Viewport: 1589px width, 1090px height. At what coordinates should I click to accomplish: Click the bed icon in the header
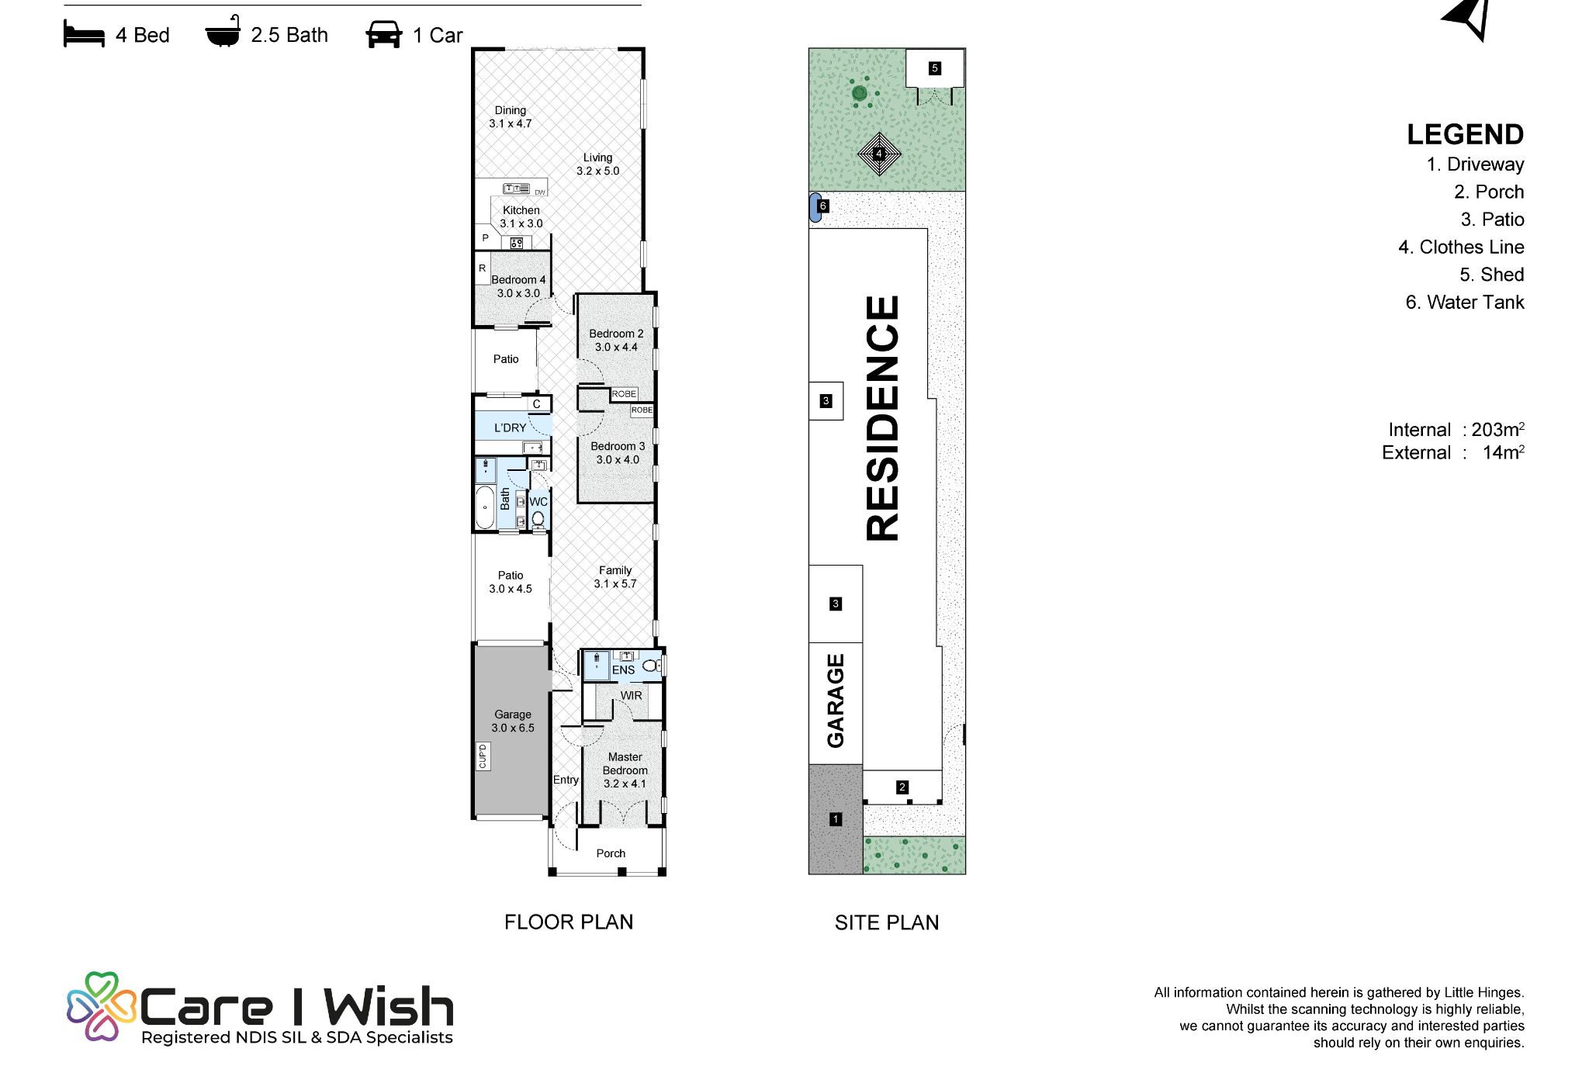coord(84,36)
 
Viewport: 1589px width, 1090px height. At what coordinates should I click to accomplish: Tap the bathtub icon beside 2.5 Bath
coord(223,33)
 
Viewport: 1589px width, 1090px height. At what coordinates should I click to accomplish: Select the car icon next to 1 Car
coord(384,35)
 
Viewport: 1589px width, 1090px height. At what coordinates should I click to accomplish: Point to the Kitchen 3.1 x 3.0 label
coord(521,216)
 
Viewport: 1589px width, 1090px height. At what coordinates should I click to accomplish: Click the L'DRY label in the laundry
coord(511,427)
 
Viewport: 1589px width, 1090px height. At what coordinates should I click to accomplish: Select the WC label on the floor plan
coord(538,502)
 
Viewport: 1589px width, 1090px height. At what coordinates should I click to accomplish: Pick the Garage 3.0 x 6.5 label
coord(513,721)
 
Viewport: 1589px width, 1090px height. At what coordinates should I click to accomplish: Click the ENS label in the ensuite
coord(623,670)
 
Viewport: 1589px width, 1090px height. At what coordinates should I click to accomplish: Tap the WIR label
coord(632,696)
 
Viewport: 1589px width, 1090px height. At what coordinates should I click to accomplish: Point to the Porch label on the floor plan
coord(611,853)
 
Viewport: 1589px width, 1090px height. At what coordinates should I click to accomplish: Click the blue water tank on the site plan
coord(815,207)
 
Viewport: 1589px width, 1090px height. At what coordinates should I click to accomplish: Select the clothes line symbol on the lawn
coord(879,154)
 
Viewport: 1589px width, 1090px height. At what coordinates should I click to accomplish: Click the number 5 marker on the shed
coord(935,68)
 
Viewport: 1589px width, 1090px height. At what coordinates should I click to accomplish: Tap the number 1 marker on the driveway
coord(836,818)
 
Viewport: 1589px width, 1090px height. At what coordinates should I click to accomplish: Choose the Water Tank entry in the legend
coord(1465,303)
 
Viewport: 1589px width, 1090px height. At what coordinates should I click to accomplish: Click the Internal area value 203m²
coord(1498,429)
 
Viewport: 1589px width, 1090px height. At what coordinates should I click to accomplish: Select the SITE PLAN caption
coord(887,922)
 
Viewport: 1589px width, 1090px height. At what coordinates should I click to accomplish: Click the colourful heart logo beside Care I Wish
coord(102,1006)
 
